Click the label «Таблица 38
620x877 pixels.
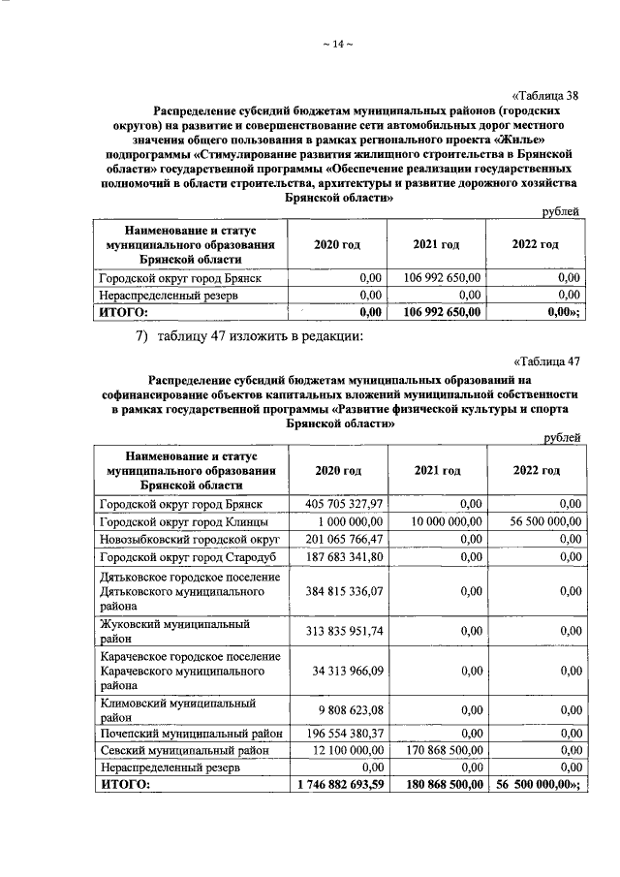[x=544, y=94]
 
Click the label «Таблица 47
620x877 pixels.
[x=545, y=361]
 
